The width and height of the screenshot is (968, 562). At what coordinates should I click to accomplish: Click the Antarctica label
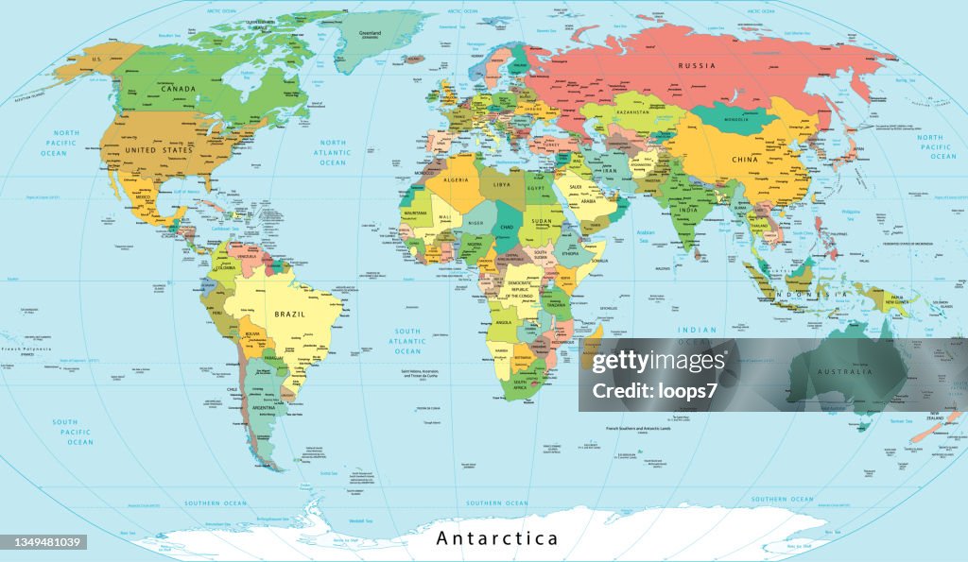[496, 539]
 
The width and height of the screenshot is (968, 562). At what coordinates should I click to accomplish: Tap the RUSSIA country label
[698, 65]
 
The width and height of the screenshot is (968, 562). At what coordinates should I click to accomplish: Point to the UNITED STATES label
[159, 150]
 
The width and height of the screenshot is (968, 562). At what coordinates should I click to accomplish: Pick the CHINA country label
[746, 160]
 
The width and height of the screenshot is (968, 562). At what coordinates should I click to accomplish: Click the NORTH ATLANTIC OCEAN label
[333, 152]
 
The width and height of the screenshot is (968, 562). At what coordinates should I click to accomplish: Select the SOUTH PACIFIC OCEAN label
[72, 432]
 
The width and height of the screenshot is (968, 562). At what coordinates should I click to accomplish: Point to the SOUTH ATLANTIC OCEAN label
[407, 341]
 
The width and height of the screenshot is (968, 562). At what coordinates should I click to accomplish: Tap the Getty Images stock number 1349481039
[45, 542]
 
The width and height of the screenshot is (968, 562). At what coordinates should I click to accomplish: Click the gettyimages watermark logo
[659, 362]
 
